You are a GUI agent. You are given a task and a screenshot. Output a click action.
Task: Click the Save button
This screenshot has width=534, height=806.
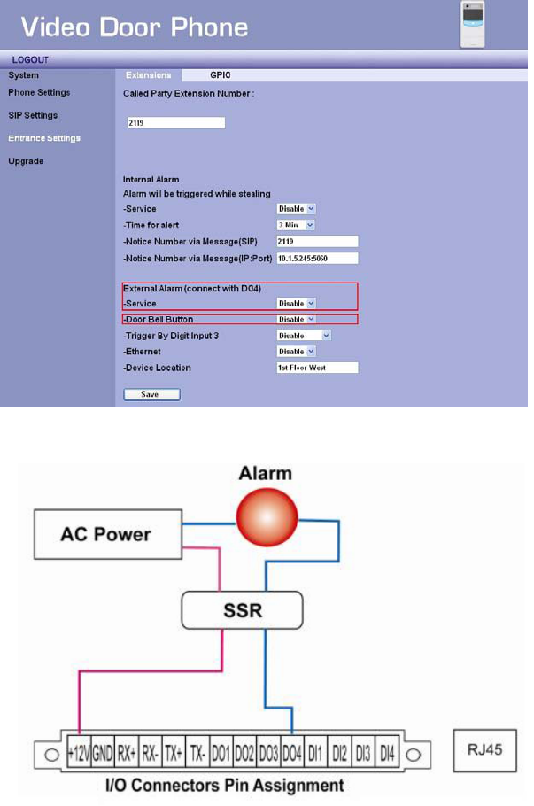click(x=151, y=394)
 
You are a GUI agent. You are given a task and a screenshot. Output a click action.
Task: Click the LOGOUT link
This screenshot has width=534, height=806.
click(x=30, y=59)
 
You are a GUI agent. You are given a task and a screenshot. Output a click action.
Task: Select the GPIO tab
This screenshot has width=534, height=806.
click(x=221, y=75)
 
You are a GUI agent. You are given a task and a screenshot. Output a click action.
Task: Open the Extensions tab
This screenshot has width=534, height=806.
click(x=148, y=75)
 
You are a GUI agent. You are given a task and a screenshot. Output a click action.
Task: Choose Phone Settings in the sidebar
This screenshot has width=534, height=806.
click(x=39, y=92)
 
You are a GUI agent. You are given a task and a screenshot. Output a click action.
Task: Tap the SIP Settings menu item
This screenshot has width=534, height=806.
click(x=33, y=115)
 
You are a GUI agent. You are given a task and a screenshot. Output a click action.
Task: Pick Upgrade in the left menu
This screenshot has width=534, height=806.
click(x=26, y=161)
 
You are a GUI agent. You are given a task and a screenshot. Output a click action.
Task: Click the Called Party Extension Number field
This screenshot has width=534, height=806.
click(x=175, y=123)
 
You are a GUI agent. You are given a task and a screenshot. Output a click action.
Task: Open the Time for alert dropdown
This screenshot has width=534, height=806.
click(x=296, y=225)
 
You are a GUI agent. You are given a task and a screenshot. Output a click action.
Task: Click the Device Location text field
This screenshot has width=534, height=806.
click(x=316, y=368)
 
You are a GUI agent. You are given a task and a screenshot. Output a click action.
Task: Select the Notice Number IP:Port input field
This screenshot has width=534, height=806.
click(x=316, y=258)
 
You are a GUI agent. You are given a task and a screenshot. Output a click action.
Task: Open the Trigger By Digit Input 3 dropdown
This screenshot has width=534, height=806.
click(x=303, y=336)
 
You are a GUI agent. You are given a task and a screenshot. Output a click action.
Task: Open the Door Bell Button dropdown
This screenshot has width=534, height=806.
click(x=296, y=319)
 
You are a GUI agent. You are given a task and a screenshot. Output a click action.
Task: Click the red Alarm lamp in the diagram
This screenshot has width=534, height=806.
click(x=265, y=516)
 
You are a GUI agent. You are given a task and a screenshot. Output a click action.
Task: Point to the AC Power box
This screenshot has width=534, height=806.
click(x=105, y=534)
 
